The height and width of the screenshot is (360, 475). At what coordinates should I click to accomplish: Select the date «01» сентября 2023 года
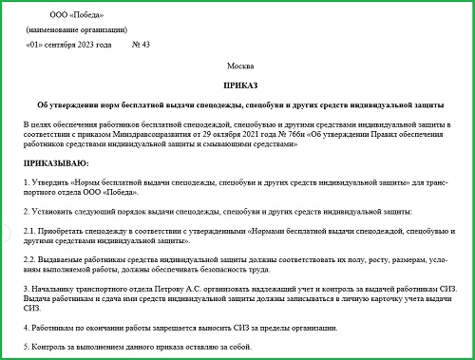click(70, 44)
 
